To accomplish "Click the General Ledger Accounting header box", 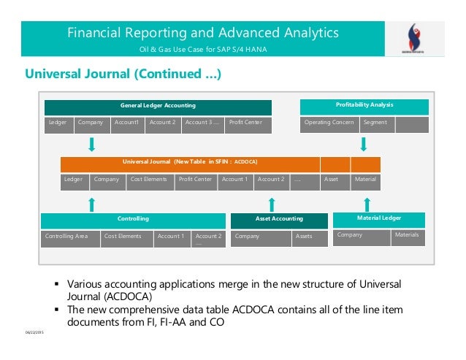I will pos(158,106).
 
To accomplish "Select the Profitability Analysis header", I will pos(364,105).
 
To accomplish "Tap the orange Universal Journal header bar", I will pos(189,162).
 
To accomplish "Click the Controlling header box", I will pos(133,218).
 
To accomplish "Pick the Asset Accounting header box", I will pos(278,218).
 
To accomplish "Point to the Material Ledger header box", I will pos(379,218).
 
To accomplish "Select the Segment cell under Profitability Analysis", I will pos(377,123).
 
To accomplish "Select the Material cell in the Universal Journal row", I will pos(366,180).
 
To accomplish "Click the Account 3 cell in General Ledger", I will pos(202,123).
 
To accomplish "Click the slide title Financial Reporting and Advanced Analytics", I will pos(203,33).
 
